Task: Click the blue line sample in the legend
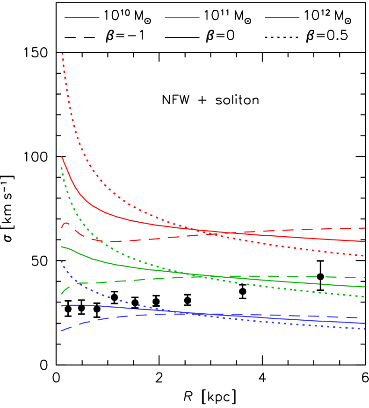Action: click(82, 17)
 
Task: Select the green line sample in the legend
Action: click(182, 17)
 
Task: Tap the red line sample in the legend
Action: click(282, 17)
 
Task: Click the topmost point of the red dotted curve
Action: click(62, 54)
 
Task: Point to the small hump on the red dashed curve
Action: click(66, 223)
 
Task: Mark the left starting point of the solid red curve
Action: click(62, 157)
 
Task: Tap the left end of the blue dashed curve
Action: click(61, 331)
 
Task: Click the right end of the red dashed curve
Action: click(365, 228)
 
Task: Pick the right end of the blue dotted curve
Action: click(365, 329)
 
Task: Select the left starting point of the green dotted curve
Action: click(61, 167)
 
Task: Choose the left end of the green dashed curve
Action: click(61, 294)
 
